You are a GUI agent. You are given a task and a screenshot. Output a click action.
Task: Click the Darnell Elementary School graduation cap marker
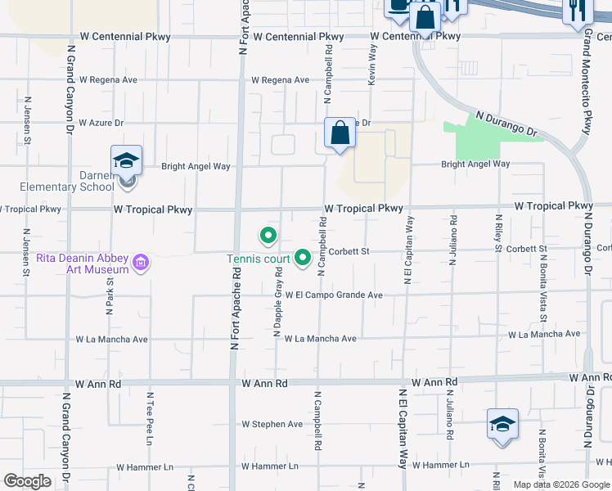tap(127, 160)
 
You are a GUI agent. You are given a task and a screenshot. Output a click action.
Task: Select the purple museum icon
tap(141, 263)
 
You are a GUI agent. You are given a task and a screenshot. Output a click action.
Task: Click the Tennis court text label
tap(258, 260)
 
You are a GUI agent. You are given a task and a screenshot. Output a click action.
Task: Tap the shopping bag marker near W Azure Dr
tap(340, 133)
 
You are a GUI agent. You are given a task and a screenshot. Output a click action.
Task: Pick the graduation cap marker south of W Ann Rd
tap(502, 424)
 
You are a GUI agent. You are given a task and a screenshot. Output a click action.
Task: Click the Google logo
tap(27, 481)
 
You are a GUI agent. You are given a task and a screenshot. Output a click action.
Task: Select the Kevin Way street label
tap(373, 65)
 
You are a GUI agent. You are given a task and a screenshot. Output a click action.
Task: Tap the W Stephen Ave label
tap(272, 424)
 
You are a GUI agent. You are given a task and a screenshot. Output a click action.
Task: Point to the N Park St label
tap(109, 295)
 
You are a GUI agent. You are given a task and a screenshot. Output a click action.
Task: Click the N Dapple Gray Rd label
tap(277, 300)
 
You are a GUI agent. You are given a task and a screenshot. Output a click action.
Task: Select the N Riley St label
tap(498, 232)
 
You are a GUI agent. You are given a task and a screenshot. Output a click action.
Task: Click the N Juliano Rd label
tap(449, 415)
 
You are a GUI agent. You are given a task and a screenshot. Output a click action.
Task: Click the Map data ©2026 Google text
tap(561, 484)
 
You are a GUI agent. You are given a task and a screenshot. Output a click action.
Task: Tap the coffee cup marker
tap(398, 7)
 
